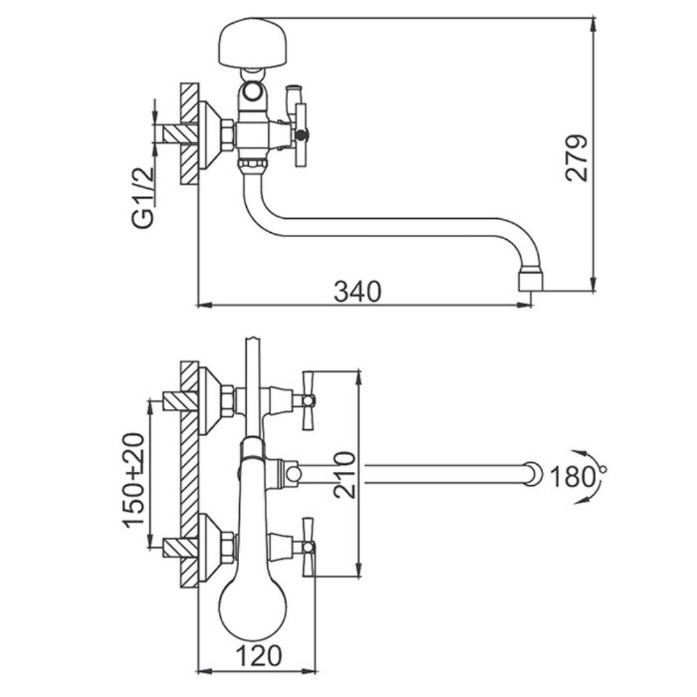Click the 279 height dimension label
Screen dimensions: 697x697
(x=576, y=158)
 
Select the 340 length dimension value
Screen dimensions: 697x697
(x=358, y=291)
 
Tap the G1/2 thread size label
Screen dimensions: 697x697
(x=142, y=197)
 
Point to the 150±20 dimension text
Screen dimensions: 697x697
(x=134, y=480)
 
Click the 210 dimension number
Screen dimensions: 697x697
(x=345, y=475)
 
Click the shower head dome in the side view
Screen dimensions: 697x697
(x=253, y=43)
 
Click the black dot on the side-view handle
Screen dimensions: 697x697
(x=302, y=134)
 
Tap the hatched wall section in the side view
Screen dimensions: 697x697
(x=189, y=133)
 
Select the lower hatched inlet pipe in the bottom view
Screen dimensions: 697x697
(x=181, y=548)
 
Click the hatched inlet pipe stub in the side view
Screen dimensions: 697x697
(x=181, y=133)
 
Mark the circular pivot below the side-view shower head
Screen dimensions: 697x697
(x=253, y=92)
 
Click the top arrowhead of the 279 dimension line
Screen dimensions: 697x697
(x=593, y=24)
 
